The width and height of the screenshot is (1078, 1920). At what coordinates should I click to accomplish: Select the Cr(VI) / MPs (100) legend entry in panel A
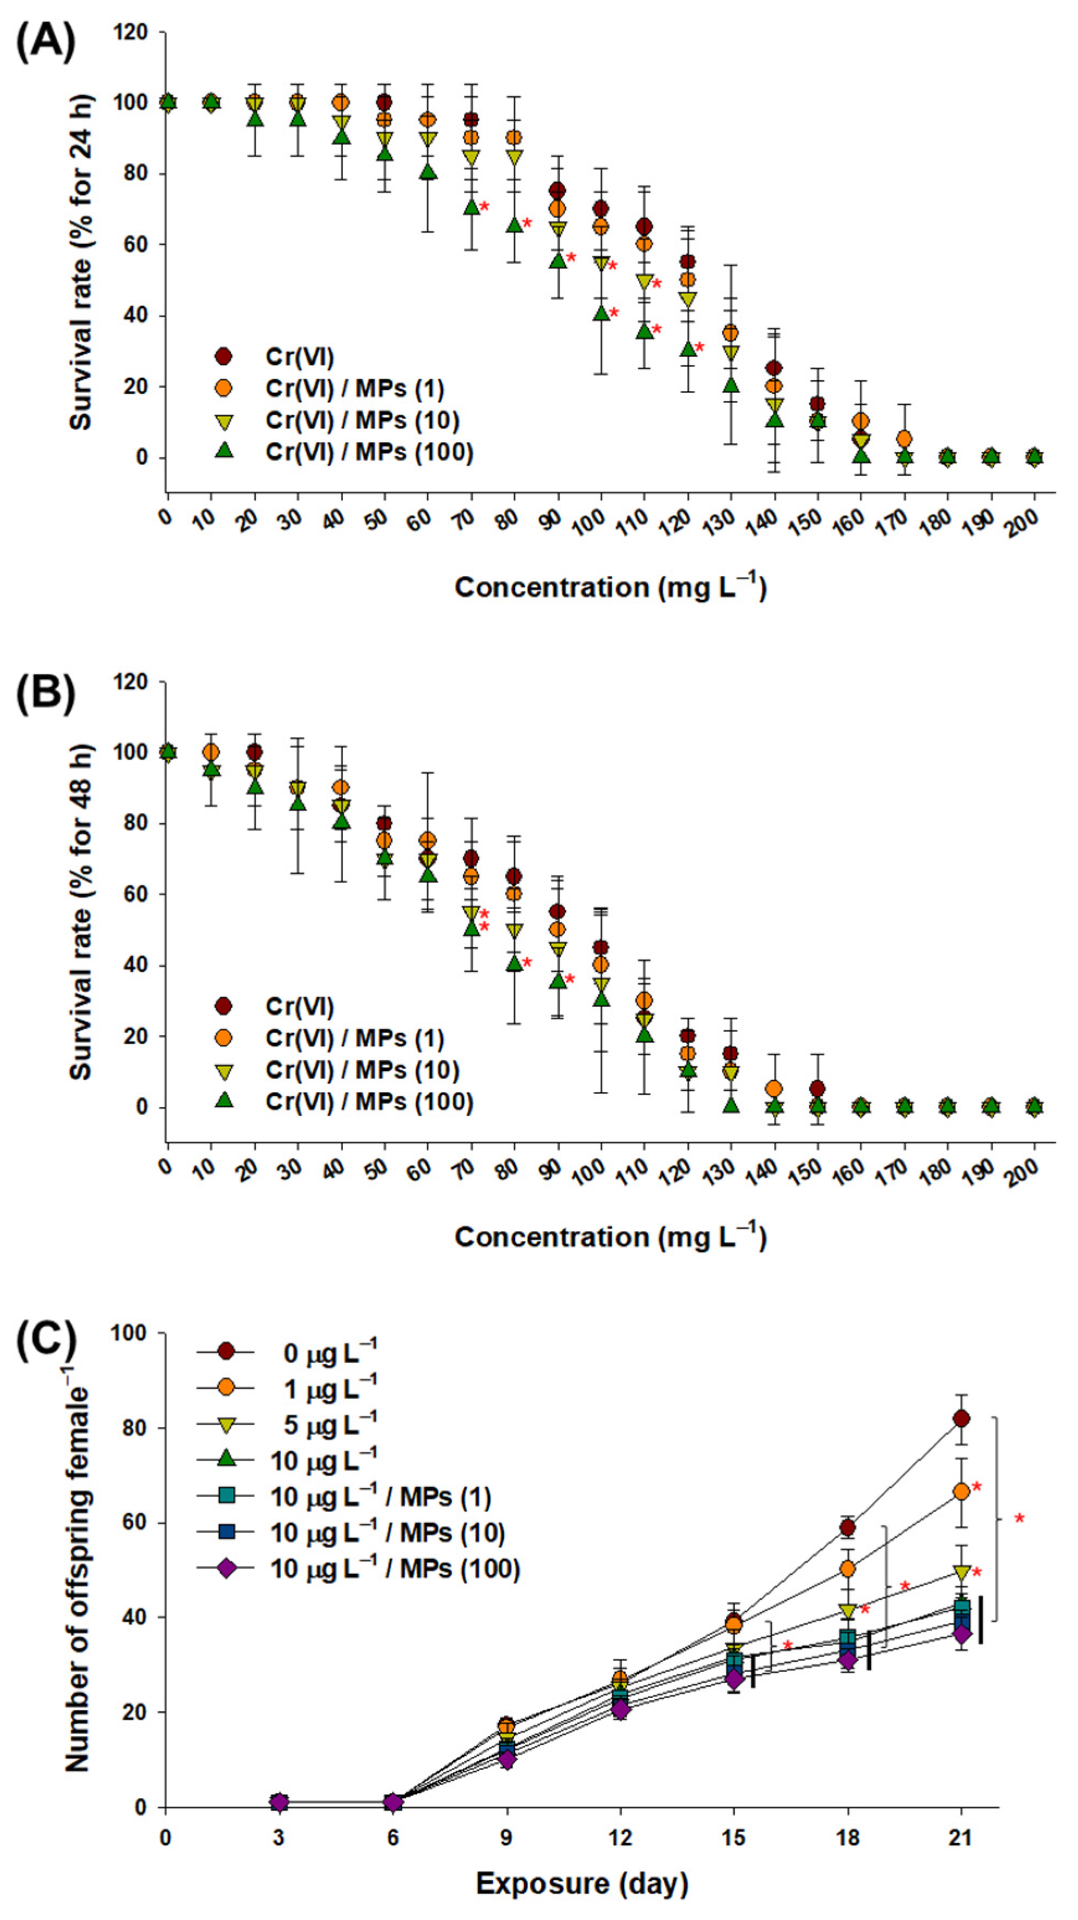(x=368, y=452)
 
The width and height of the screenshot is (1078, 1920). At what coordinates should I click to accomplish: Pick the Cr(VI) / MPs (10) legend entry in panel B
(x=362, y=1070)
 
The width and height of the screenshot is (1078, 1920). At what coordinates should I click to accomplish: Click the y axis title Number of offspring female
(x=78, y=1566)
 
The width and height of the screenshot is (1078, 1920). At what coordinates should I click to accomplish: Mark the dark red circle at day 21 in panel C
(x=962, y=1418)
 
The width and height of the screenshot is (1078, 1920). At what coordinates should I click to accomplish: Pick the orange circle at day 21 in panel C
(x=962, y=1490)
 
